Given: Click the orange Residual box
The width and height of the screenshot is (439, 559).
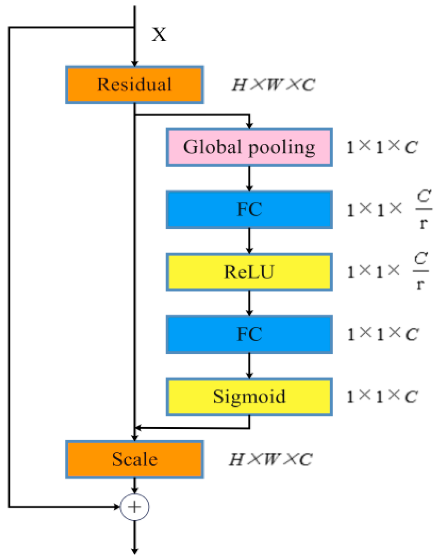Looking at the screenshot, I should [134, 85].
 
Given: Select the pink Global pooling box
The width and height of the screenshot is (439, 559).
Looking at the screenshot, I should [249, 147].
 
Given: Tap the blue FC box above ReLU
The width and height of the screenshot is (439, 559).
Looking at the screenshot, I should [249, 209].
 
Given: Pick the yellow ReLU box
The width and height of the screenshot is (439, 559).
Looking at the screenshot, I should [249, 272].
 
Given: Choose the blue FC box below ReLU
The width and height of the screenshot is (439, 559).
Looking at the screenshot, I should [249, 334].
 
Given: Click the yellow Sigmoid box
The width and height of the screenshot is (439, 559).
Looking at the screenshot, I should [249, 397].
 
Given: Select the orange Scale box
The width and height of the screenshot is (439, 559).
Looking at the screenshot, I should [134, 459].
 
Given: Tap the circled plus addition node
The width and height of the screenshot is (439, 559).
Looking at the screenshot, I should [134, 507].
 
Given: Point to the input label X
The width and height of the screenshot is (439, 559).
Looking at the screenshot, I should [159, 35].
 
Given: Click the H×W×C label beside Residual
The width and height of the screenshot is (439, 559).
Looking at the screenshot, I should [273, 85].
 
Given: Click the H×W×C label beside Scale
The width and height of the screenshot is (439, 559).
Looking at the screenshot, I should [271, 459].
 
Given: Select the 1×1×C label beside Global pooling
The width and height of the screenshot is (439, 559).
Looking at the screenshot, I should [382, 147].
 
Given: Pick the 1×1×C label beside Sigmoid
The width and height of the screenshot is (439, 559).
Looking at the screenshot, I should [382, 397].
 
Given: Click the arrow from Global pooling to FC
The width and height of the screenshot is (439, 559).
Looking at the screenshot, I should [249, 179].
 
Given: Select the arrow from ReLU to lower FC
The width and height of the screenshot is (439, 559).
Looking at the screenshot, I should [249, 303].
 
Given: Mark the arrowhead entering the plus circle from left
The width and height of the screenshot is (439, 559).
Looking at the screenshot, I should [117, 507].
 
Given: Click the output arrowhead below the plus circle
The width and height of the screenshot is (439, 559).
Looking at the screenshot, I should [134, 550].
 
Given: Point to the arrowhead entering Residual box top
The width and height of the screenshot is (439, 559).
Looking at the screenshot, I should [134, 63].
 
